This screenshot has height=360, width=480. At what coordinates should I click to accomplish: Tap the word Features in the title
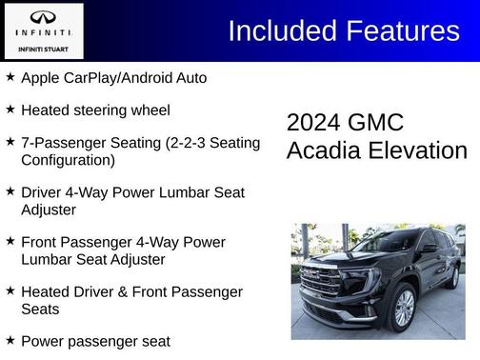tap(399, 30)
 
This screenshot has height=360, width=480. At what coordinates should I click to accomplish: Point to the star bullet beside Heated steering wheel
tap(10, 110)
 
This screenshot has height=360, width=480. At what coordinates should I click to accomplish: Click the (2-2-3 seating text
tap(173, 143)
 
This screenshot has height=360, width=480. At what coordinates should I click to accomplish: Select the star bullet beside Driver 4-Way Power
tap(10, 191)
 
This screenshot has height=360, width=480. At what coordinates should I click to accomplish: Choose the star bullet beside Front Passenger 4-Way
tap(10, 241)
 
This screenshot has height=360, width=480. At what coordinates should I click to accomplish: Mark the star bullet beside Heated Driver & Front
tap(10, 290)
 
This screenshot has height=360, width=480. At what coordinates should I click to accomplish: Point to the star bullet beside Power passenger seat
tap(10, 340)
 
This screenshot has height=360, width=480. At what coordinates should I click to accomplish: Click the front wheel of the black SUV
tap(403, 307)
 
